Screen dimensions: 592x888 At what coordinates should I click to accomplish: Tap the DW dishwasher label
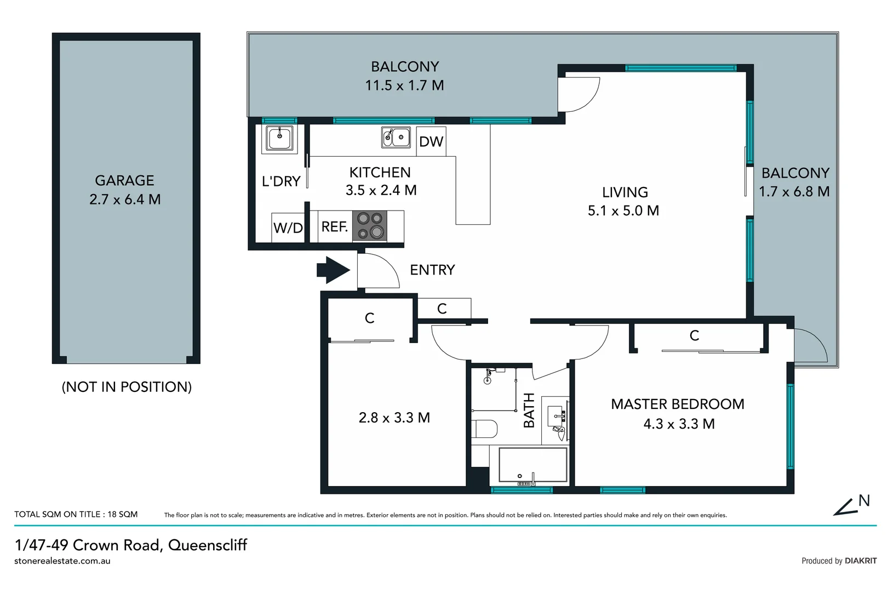[x=431, y=141]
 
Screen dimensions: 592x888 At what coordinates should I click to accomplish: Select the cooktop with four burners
[x=370, y=226]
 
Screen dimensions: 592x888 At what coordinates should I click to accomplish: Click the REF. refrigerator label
[x=334, y=226]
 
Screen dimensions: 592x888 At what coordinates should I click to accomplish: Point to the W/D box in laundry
[x=288, y=227]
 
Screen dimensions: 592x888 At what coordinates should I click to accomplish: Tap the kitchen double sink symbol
[x=396, y=136]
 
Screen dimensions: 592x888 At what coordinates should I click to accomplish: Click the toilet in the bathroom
[x=484, y=428]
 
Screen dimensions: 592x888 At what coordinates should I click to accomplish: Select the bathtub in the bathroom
[x=532, y=465]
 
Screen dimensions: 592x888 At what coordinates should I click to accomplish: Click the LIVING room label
[x=625, y=192]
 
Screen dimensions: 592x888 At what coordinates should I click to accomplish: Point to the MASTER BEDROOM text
[x=678, y=404]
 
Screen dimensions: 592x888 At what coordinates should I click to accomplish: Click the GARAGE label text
[x=124, y=180]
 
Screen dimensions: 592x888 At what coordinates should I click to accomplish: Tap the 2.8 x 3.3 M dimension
[x=394, y=418]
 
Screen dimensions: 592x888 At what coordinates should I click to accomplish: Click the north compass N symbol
[x=864, y=500]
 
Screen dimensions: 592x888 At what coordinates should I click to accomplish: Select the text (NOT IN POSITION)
[x=127, y=387]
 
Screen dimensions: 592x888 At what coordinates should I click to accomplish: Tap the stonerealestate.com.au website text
[x=62, y=561]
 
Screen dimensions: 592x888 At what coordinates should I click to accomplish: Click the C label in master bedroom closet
[x=694, y=335]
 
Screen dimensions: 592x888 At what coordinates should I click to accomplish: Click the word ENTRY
[x=432, y=270]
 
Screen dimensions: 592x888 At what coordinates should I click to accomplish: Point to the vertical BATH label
[x=529, y=411]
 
